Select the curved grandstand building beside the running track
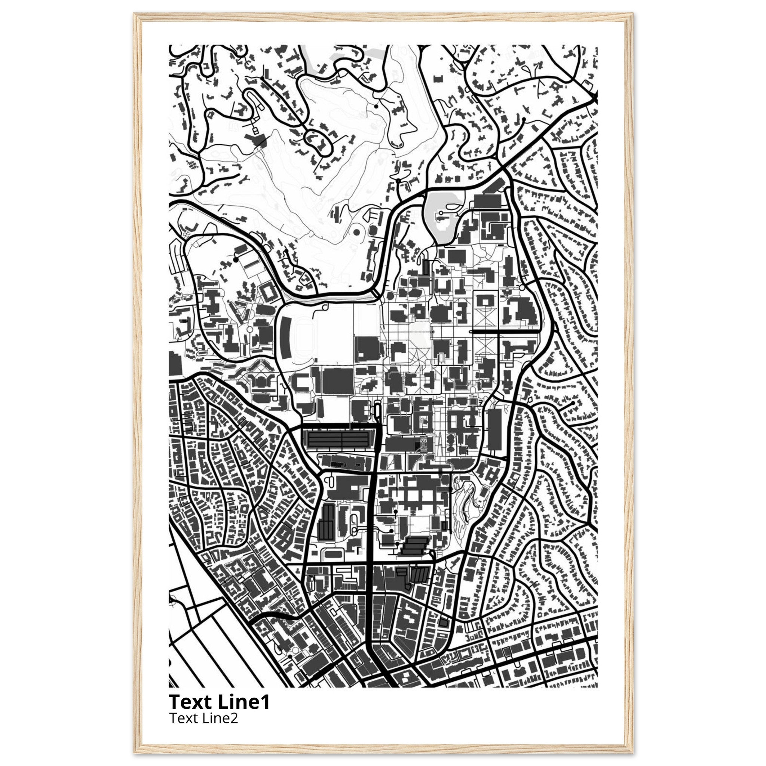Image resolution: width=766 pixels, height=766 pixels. point(285,333)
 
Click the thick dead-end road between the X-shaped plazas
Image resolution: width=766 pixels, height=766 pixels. point(503,331)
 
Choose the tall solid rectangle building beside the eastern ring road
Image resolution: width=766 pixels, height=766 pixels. point(494,430)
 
